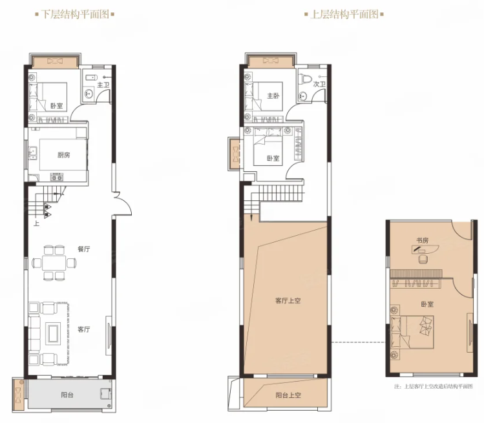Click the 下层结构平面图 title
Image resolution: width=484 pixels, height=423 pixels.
coord(75,14)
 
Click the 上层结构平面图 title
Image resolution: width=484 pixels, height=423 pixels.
coord(344,14)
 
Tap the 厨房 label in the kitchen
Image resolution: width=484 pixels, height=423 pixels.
coord(63,155)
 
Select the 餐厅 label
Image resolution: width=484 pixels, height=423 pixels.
coord(83,249)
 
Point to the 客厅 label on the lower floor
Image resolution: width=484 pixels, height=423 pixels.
coord(83,329)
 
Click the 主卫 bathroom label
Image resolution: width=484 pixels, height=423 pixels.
coord(103,85)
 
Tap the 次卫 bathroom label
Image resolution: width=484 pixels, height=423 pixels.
coord(319,84)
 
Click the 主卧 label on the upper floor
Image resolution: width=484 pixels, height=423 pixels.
coord(273,96)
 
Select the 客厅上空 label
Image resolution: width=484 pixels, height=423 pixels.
coord(288,300)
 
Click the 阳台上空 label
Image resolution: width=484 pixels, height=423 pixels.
coord(288,395)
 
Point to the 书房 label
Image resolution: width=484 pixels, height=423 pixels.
coord(422,240)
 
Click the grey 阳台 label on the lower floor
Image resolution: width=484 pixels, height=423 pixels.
coord(67,395)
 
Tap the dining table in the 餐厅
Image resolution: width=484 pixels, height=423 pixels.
coord(54,263)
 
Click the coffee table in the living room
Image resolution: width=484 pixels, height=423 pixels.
coord(53,333)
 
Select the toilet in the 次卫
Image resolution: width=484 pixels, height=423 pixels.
coord(306,77)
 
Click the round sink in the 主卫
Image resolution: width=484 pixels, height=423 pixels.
coord(89,93)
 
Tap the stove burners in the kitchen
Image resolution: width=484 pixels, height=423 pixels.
coord(57,178)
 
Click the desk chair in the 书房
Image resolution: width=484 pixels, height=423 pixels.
coord(422,259)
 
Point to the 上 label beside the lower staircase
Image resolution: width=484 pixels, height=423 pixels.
coord(37,223)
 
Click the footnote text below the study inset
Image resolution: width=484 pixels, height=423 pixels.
coord(434,386)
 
